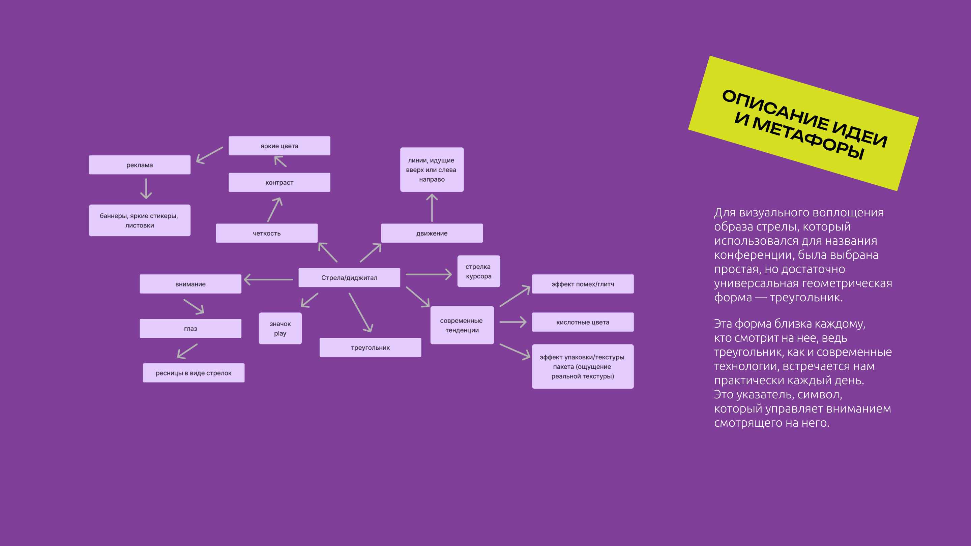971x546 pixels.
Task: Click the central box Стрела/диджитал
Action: tap(349, 278)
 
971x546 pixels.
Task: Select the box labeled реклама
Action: tap(140, 165)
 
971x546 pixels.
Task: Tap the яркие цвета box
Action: tap(279, 146)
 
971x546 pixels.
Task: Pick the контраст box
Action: tap(279, 182)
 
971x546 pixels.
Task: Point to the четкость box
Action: tap(266, 233)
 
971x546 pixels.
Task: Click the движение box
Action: tap(432, 233)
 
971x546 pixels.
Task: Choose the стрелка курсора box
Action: tap(478, 271)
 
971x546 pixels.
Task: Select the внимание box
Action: tap(190, 284)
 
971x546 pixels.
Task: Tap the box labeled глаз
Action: tap(190, 329)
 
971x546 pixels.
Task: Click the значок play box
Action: tap(280, 329)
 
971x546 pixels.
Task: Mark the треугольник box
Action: tap(370, 347)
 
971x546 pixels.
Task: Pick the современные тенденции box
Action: tap(462, 325)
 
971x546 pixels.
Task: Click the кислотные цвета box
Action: tap(582, 322)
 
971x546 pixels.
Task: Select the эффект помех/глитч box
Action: tap(582, 284)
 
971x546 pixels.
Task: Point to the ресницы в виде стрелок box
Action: tap(194, 373)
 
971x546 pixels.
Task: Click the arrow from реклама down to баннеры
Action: tap(146, 188)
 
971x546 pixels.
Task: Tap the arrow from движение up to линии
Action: tap(432, 208)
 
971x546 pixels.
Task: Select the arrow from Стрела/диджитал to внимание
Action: tap(268, 280)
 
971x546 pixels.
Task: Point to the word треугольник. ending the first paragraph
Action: tap(806, 298)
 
